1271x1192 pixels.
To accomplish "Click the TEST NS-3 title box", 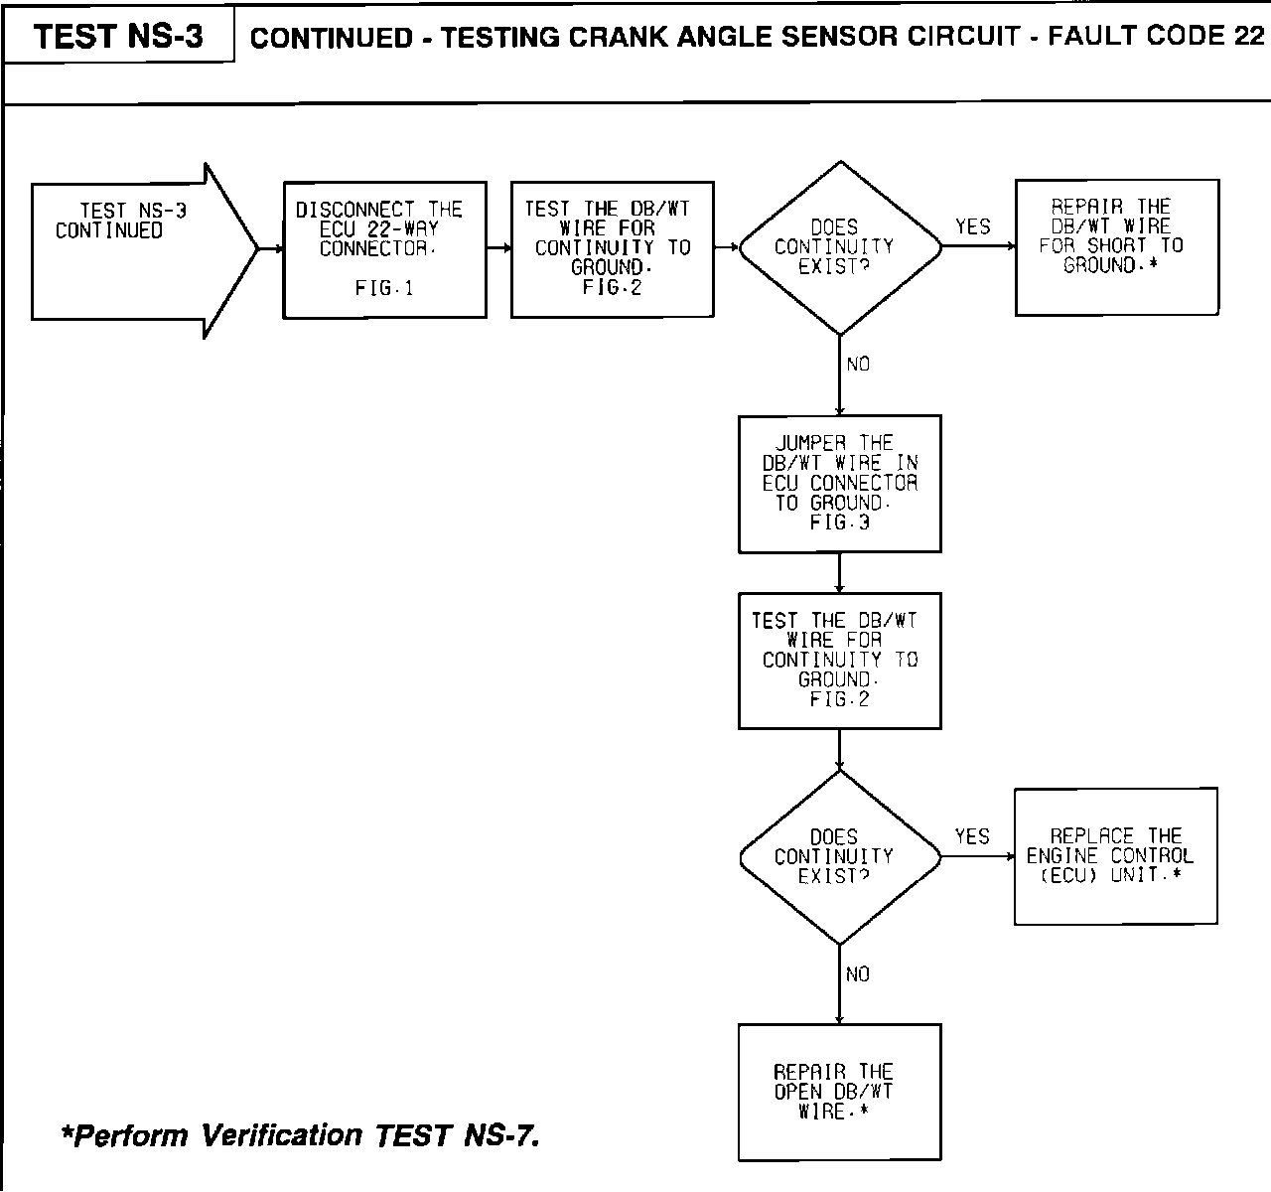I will [x=118, y=37].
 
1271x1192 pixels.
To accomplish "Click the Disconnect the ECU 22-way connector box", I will [x=384, y=249].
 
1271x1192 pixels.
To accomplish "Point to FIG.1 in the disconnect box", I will [x=383, y=289].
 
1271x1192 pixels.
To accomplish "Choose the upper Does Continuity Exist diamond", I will [x=839, y=248].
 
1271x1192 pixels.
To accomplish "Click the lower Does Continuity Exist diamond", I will [x=839, y=856].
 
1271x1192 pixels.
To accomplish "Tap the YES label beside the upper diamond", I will [x=972, y=226].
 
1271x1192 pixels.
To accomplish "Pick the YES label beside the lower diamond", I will [x=972, y=836].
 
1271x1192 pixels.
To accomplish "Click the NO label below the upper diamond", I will [x=858, y=365].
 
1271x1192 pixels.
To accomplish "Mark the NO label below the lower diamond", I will [x=858, y=974].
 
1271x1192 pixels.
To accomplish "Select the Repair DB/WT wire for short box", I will [x=1116, y=247].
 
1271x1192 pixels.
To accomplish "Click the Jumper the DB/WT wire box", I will [x=839, y=483].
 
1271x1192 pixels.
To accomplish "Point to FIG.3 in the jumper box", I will [x=839, y=522].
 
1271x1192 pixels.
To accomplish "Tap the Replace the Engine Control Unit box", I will [x=1115, y=855].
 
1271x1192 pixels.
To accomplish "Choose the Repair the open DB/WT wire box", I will [x=839, y=1092].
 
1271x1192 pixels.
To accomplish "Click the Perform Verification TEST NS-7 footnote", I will [x=300, y=1134].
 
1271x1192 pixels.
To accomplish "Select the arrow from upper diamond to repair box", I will [x=977, y=247].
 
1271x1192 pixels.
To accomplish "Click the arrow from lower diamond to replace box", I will [x=977, y=856].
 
